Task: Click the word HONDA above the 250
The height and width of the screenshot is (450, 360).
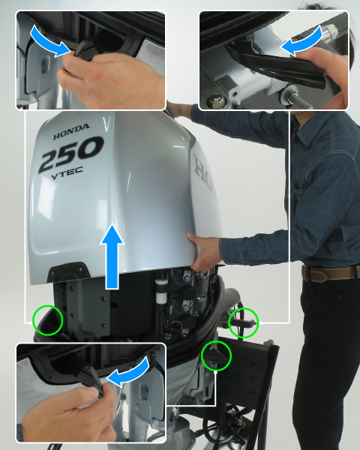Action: (x=71, y=131)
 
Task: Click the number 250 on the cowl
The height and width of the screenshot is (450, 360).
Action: (x=71, y=154)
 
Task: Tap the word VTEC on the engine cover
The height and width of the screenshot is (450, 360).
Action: (x=67, y=173)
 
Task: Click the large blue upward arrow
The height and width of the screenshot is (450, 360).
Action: (x=112, y=256)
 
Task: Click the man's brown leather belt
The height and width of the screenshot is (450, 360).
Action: (x=330, y=273)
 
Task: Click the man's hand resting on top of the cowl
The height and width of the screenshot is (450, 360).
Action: (x=178, y=109)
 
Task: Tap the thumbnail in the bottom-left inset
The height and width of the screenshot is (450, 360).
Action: (x=94, y=393)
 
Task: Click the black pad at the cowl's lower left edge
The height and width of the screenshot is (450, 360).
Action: (x=65, y=271)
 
